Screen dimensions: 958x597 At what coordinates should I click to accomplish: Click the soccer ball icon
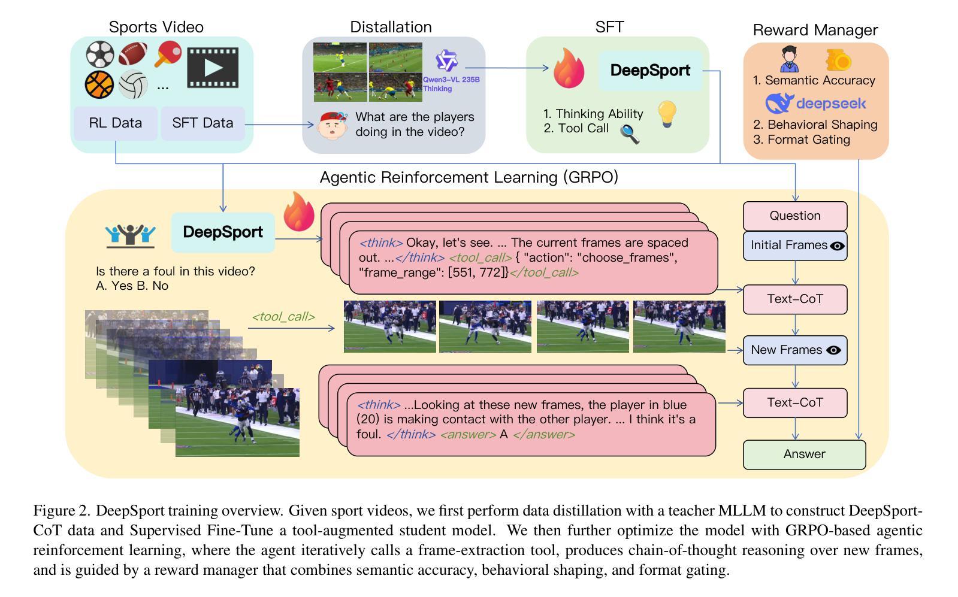pos(100,54)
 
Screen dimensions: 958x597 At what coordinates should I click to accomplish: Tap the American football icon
pos(132,53)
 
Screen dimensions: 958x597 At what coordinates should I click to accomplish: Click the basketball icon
pos(99,84)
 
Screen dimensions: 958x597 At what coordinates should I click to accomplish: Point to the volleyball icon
pos(133,84)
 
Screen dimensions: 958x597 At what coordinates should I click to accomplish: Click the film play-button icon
pos(213,68)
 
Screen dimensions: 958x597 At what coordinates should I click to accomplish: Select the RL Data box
pos(116,123)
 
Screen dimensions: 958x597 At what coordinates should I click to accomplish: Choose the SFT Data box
pos(203,123)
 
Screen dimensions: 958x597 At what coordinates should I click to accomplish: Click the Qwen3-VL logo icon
pos(446,61)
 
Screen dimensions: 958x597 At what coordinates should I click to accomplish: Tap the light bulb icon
pos(667,114)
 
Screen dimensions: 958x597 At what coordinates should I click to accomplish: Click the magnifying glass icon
pos(630,134)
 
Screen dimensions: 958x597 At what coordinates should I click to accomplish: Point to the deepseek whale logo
pos(779,104)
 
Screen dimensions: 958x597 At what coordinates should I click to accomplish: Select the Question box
pos(795,216)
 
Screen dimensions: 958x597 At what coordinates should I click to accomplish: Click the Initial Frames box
pos(795,246)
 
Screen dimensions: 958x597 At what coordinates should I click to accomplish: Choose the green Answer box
pos(805,454)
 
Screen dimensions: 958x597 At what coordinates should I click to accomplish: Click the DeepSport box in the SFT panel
pos(650,71)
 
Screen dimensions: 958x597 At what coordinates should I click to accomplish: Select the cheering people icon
pos(131,236)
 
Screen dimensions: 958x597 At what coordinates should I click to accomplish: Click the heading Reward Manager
pos(815,31)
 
